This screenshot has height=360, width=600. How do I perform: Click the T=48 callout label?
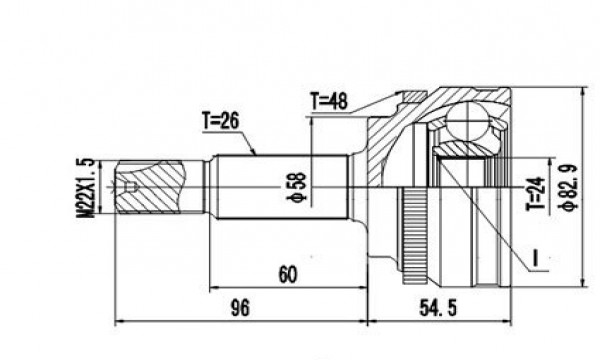coord(329,101)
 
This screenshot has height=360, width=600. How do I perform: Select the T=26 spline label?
coord(220,121)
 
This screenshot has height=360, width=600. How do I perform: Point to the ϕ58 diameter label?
coord(297,187)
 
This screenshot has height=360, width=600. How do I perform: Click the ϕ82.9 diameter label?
coord(567,186)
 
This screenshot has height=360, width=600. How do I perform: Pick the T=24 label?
coord(535,193)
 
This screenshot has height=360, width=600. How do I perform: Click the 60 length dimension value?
coord(287,274)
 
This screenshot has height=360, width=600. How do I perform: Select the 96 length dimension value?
coord(240,308)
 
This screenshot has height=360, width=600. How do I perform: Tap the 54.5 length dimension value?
coord(438,308)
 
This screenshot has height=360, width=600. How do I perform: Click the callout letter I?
coord(535,258)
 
